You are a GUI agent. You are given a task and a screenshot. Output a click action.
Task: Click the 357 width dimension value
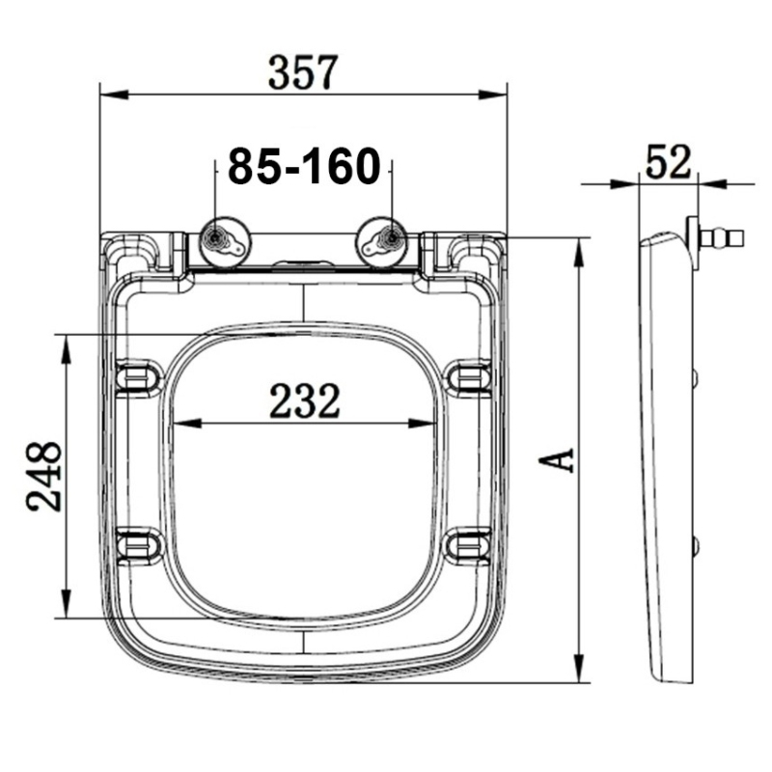(303, 71)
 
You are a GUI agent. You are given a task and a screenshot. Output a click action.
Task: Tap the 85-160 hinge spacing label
(303, 167)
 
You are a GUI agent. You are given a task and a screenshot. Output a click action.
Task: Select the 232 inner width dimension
(304, 401)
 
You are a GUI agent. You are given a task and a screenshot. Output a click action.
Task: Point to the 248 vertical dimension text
(44, 477)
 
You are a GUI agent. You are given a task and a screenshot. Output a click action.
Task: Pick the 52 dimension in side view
(669, 161)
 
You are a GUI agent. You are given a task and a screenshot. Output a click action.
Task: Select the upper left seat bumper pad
(138, 376)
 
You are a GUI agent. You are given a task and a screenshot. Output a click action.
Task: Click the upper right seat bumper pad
(470, 376)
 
